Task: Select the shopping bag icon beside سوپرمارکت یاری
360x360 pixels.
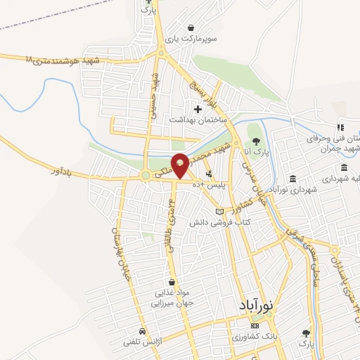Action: click(191, 27)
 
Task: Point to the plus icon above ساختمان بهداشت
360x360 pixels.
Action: click(198, 109)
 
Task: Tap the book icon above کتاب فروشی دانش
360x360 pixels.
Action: click(219, 212)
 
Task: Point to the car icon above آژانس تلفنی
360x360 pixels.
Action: click(143, 331)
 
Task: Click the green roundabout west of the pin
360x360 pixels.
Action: click(146, 175)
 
